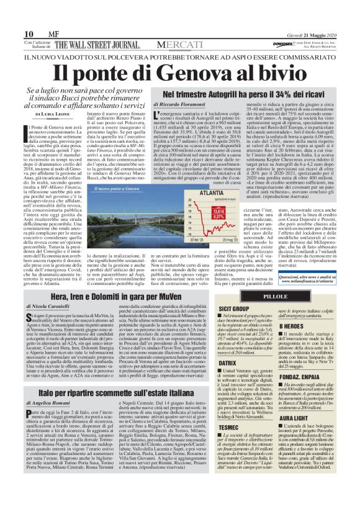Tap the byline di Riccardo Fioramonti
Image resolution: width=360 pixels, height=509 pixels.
[181, 106]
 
